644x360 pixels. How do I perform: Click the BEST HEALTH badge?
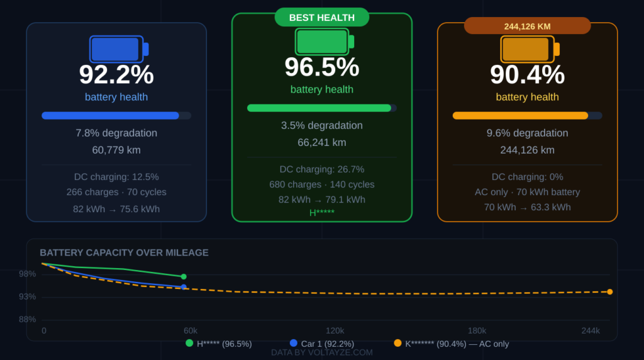coord(321,18)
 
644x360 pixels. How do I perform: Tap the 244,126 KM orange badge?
coord(527,26)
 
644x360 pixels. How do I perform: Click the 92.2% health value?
coord(116,75)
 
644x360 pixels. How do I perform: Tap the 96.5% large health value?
coord(321,67)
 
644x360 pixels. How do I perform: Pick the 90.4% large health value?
coord(527,75)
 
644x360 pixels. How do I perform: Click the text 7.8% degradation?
coord(116,133)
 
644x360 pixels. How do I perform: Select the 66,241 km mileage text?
coord(321,142)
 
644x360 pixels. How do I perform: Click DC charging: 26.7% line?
coord(321,169)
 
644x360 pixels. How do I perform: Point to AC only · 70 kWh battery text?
coord(527,192)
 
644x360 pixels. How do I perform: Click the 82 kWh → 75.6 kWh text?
coord(116,209)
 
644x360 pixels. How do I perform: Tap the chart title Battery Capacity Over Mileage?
coord(124,253)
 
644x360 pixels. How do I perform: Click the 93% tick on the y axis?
coord(27,296)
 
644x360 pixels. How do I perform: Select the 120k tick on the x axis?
coord(335,330)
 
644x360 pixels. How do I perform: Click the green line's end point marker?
coord(184,276)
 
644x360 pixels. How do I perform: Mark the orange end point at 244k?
coord(609,291)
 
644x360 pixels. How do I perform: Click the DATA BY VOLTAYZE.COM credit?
coord(321,352)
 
